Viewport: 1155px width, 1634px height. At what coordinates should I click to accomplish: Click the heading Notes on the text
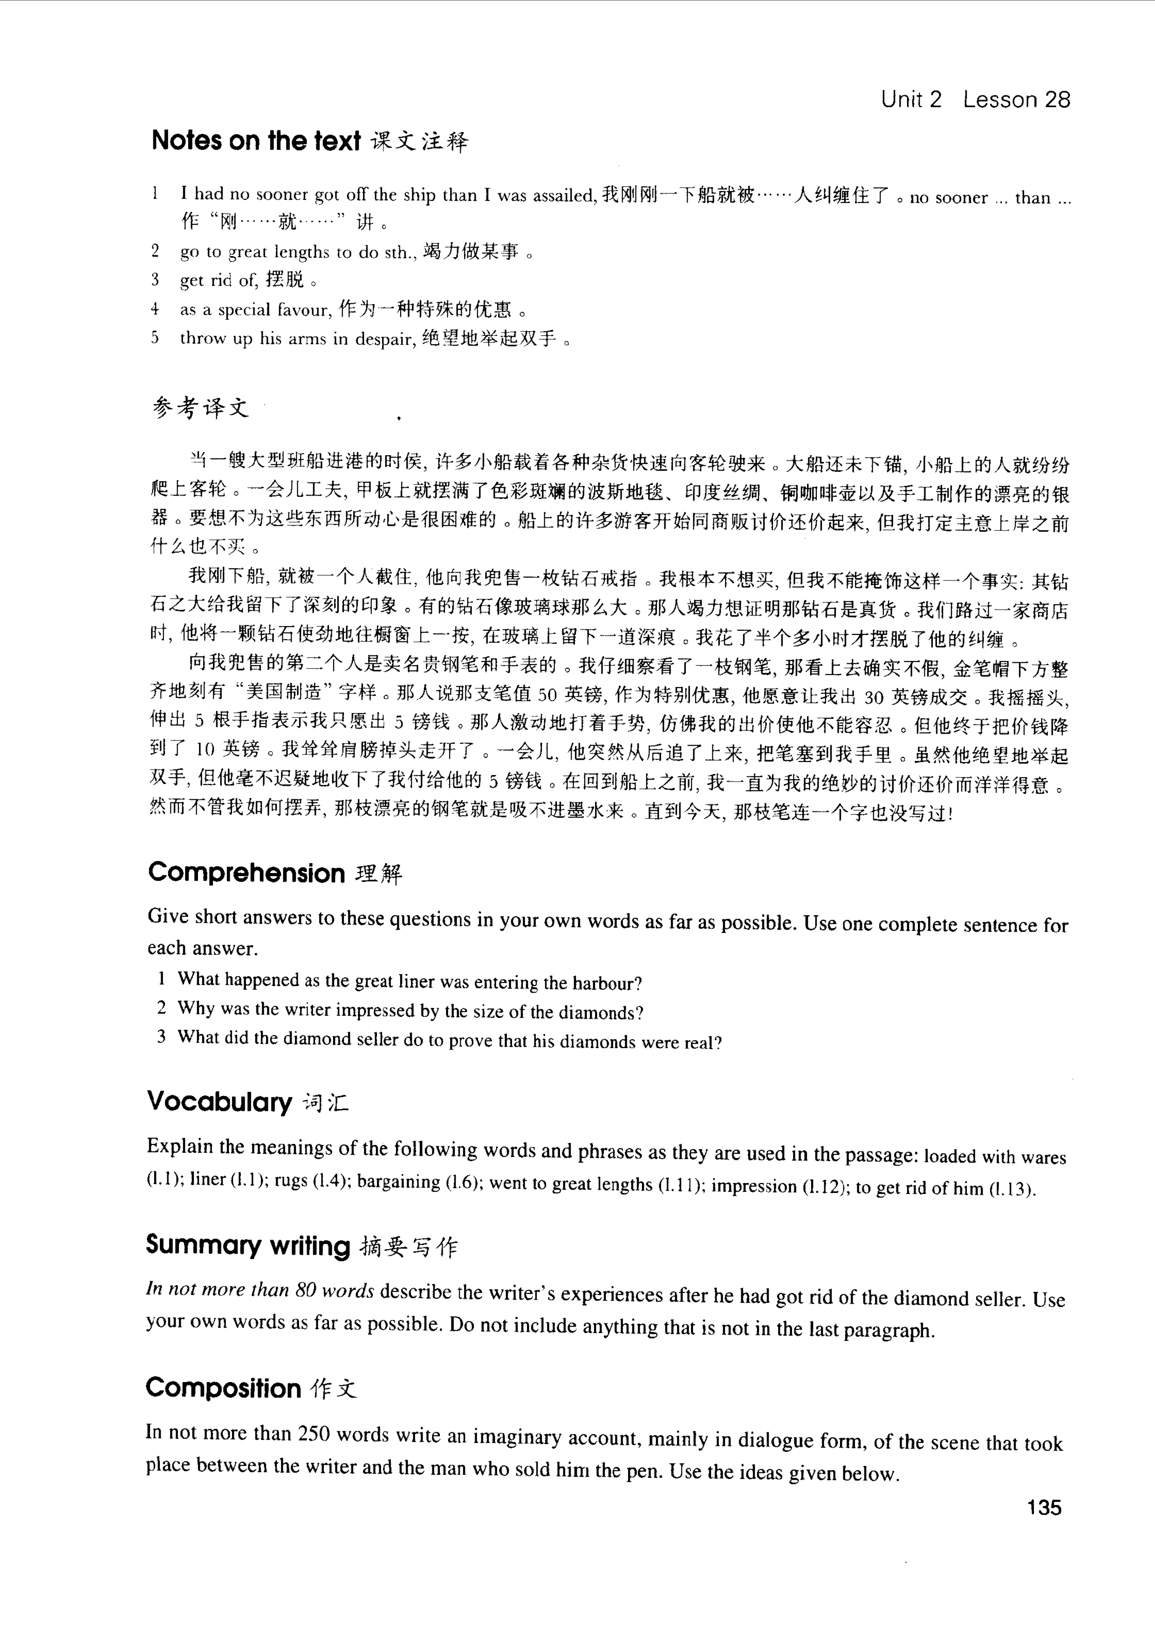click(256, 141)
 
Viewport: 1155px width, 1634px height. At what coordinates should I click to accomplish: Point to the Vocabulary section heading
click(219, 1102)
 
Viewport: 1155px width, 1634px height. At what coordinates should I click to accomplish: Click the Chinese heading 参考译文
click(201, 408)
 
